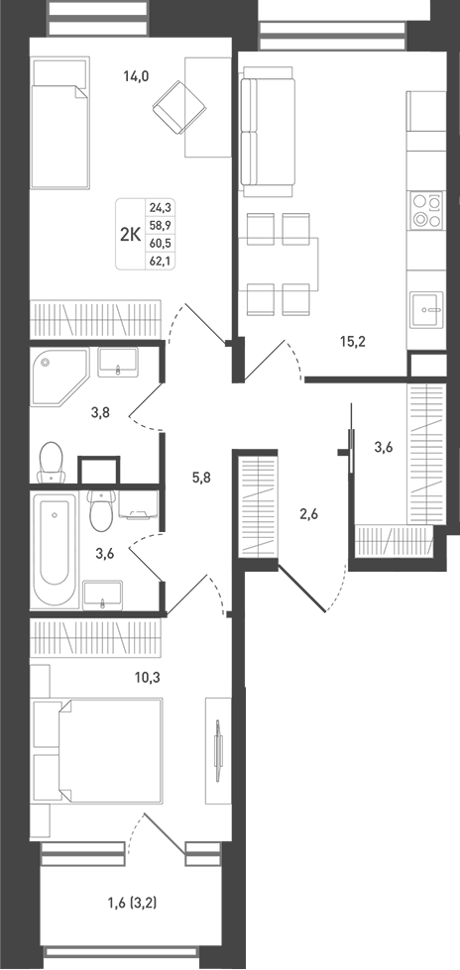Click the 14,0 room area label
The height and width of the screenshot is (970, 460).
pos(137,76)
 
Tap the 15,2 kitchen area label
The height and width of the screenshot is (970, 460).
pos(353,341)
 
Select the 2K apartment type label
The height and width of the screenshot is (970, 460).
pos(130,235)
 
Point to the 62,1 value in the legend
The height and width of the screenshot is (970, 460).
pos(160,261)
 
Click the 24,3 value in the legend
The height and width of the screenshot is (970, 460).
pos(160,208)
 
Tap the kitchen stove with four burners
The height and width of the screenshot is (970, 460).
pos(427,210)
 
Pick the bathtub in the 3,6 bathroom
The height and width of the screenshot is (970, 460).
pos(56,550)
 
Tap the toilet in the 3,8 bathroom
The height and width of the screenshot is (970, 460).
pos(51,462)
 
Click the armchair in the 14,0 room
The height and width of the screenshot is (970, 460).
pos(179,106)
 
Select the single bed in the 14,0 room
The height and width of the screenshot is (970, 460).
pos(60,123)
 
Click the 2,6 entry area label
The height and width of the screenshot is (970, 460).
pos(308,513)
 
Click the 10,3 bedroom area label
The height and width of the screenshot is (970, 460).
pos(148,677)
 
